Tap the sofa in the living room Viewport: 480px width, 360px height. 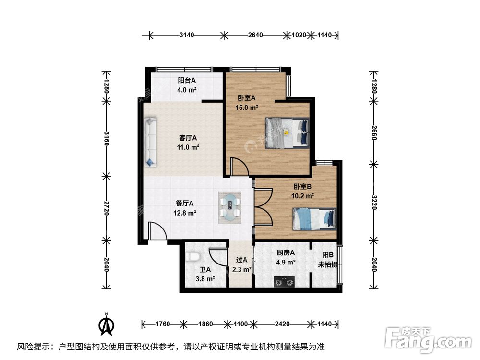click(x=150, y=142)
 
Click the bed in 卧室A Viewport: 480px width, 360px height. click(x=287, y=132)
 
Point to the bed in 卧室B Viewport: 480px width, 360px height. click(x=314, y=218)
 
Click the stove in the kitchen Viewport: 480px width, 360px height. click(x=284, y=282)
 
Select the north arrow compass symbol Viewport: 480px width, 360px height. click(x=106, y=324)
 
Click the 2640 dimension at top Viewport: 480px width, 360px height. click(x=255, y=35)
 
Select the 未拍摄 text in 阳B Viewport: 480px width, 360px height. click(x=328, y=264)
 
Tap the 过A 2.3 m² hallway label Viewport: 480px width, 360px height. click(x=241, y=265)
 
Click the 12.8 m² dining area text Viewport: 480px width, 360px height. click(x=184, y=213)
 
